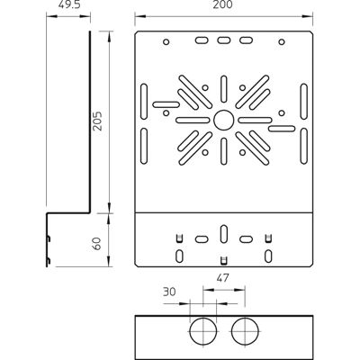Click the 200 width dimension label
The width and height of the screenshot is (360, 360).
(222, 4)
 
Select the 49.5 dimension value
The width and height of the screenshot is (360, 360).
(68, 4)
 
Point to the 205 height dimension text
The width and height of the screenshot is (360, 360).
(97, 121)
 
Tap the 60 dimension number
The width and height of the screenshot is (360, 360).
(97, 243)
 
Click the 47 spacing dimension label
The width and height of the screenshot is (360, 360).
(221, 278)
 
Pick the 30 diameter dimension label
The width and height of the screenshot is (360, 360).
(169, 292)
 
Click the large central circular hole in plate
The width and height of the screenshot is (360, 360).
(223, 121)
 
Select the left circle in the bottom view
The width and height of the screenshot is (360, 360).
(203, 331)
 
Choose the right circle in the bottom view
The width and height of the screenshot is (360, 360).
(245, 331)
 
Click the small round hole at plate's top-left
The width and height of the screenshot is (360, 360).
(166, 41)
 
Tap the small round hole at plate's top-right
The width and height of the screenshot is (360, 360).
(282, 41)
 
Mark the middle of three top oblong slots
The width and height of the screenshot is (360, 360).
(223, 40)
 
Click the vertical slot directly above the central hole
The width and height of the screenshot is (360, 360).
(223, 89)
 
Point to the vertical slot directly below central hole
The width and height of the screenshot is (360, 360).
(223, 151)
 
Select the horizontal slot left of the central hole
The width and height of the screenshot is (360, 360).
(193, 121)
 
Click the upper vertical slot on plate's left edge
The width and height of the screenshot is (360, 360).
(144, 102)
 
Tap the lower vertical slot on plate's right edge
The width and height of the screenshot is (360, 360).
(303, 146)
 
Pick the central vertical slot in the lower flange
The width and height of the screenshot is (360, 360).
(223, 234)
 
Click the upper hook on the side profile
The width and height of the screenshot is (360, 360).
(48, 238)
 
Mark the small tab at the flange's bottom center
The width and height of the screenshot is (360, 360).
(223, 261)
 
